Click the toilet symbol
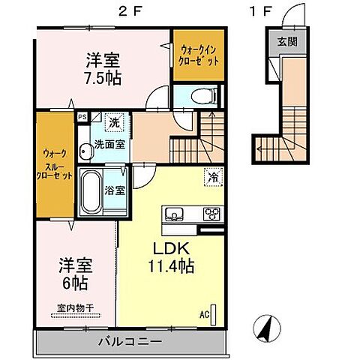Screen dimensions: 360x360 click(204, 95)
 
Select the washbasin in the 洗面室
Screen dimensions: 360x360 click(85, 151)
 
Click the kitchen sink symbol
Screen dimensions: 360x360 click(174, 214)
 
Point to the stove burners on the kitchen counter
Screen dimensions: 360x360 click(211, 214)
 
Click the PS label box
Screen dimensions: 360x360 click(82, 117)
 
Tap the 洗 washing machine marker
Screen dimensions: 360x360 click(115, 121)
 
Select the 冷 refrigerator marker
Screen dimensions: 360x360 click(213, 177)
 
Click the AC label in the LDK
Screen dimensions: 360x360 click(204, 315)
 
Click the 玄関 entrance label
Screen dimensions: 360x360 click(287, 41)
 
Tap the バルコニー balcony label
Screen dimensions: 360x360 click(130, 341)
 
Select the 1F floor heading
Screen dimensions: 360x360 click(260, 12)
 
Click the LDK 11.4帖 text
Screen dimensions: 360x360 click(171, 257)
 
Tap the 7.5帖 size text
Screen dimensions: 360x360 click(103, 78)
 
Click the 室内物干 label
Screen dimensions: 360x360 click(76, 307)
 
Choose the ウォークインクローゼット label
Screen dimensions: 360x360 click(199, 55)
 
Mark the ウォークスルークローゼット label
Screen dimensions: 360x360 click(55, 165)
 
